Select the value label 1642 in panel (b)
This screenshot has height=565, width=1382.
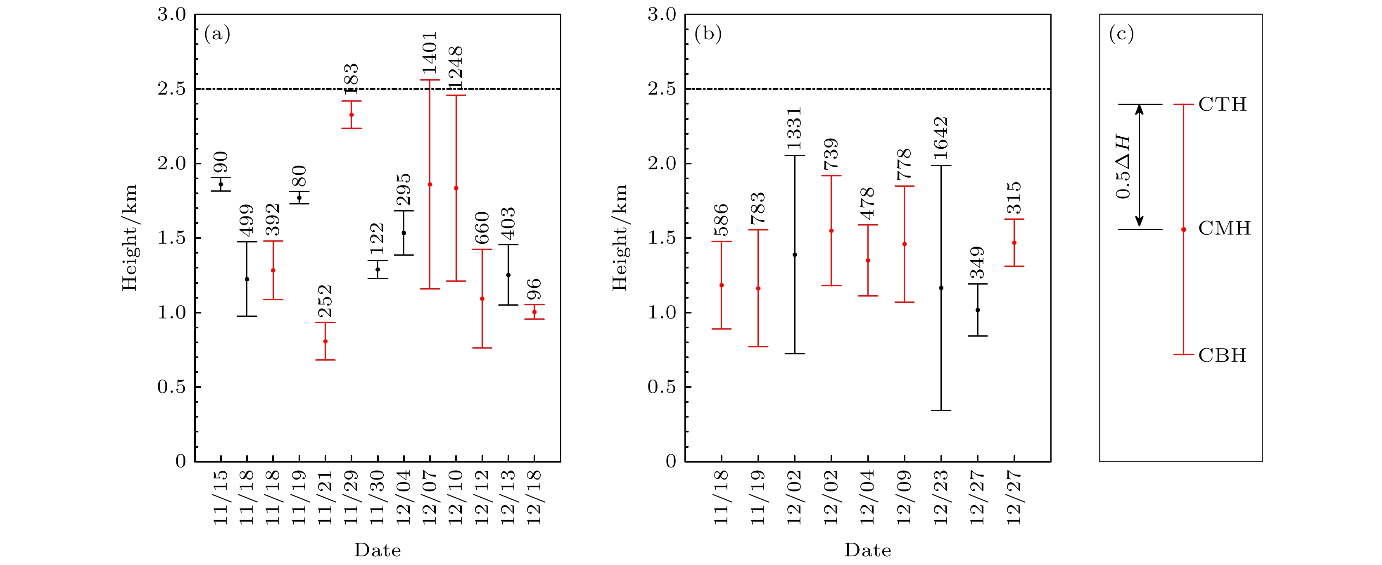[941, 138]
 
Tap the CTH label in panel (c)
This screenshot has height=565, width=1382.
[1223, 104]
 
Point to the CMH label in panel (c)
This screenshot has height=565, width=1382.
[1224, 228]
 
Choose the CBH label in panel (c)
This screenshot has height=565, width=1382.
[1222, 355]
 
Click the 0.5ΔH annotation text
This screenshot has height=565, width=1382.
[1123, 167]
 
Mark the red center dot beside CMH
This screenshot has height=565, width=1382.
[1183, 230]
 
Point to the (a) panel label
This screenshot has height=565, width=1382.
[217, 34]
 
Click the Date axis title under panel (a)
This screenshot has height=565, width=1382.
[377, 550]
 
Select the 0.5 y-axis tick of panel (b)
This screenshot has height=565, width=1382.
[662, 387]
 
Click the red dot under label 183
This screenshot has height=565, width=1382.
[351, 115]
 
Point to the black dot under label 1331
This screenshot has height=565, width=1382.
[795, 255]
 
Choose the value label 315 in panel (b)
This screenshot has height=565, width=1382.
[1014, 197]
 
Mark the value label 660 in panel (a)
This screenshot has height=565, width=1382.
[482, 228]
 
